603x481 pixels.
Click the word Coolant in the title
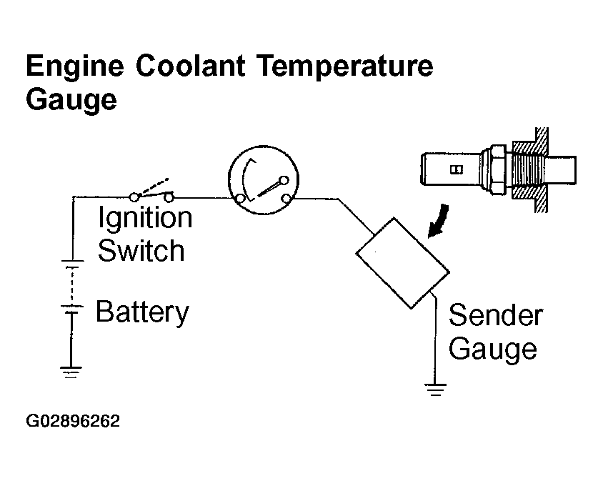(x=190, y=66)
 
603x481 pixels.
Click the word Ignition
(x=145, y=218)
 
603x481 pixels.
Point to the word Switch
(x=141, y=250)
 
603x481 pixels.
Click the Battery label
(x=142, y=312)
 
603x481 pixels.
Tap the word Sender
(x=496, y=315)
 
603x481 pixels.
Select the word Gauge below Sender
(x=493, y=350)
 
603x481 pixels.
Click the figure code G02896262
(x=73, y=421)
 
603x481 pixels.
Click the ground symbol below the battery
(x=71, y=372)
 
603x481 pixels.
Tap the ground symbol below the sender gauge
(x=435, y=390)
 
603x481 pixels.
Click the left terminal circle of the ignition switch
(x=134, y=197)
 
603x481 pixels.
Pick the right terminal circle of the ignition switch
(x=169, y=198)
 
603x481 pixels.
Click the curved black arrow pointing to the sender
(x=439, y=222)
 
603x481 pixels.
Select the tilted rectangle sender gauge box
(x=403, y=263)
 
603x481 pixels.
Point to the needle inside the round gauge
(x=269, y=188)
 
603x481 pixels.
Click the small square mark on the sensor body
(x=457, y=169)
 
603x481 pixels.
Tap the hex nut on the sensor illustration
(x=497, y=169)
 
